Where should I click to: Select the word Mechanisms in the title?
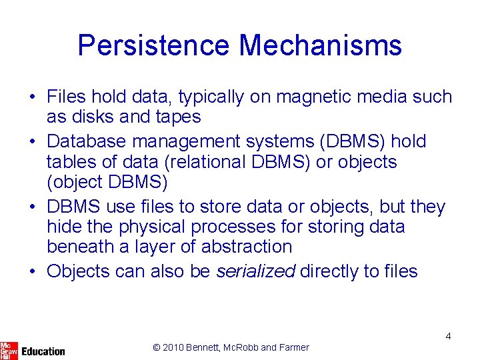point(320,46)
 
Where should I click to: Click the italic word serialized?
point(256,271)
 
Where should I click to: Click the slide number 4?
point(448,336)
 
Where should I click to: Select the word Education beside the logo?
point(43,351)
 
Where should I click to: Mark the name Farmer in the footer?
point(295,347)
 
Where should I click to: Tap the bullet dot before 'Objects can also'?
point(32,272)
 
